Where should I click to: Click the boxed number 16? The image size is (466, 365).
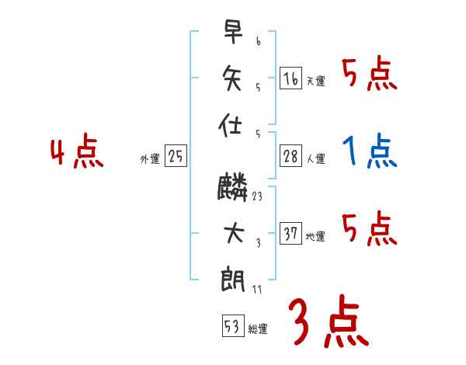(290, 78)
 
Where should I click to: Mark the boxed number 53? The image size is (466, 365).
(232, 325)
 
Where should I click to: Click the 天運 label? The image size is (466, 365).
(315, 81)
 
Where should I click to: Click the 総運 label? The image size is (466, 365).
(259, 328)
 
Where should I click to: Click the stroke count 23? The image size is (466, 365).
(257, 197)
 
